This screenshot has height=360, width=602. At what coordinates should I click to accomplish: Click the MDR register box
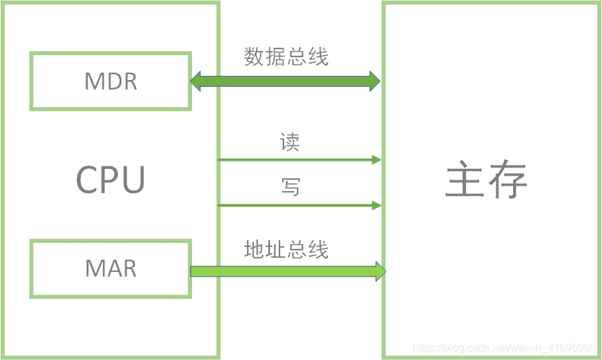click(x=110, y=81)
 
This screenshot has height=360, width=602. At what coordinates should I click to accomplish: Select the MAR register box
click(x=110, y=269)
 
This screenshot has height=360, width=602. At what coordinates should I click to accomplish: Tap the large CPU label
click(x=110, y=180)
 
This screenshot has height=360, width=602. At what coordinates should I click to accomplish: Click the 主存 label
click(x=486, y=180)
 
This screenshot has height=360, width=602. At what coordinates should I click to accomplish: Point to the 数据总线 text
click(x=286, y=57)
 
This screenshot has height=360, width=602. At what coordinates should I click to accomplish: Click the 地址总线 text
click(x=286, y=250)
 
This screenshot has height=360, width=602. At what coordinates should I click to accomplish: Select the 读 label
click(x=290, y=143)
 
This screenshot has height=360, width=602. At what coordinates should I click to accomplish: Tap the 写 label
click(x=290, y=187)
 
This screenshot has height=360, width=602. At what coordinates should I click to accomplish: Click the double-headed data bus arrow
click(x=285, y=82)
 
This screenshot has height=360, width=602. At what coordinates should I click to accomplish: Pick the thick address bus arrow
click(x=286, y=271)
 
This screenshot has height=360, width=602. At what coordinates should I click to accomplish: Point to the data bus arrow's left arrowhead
click(x=196, y=82)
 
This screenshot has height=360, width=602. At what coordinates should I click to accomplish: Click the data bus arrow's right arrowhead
click(x=374, y=82)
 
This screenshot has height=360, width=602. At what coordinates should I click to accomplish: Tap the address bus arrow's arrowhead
click(x=380, y=271)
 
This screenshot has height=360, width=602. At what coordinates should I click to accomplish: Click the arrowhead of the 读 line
click(x=377, y=160)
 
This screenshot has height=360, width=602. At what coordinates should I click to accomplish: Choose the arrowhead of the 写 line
click(x=377, y=205)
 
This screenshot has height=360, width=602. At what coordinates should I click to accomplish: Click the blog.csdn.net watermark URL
click(x=504, y=348)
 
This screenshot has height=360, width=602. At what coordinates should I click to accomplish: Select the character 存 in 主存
click(x=506, y=180)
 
